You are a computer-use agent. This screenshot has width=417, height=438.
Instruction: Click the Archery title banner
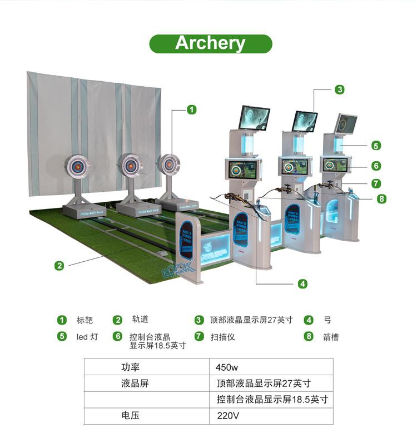point(210,43)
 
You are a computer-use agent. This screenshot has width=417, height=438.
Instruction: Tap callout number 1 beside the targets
point(192,109)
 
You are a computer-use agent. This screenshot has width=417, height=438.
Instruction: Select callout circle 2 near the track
point(59,265)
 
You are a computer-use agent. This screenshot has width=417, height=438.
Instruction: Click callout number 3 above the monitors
point(340,89)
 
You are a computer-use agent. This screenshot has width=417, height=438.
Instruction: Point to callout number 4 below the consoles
point(302,283)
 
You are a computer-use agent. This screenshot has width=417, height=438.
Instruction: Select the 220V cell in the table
point(228,415)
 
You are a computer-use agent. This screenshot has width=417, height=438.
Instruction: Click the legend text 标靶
point(85,320)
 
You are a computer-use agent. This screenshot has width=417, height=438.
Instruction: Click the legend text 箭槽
point(330,336)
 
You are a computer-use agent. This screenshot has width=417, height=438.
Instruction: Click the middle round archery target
point(131,165)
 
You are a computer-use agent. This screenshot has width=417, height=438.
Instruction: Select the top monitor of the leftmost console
point(255,118)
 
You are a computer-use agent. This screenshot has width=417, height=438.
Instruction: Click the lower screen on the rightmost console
point(334,165)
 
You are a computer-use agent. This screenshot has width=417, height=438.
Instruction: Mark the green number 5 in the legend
point(62,336)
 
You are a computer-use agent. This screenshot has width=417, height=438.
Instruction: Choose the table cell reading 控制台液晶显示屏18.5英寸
point(272,399)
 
